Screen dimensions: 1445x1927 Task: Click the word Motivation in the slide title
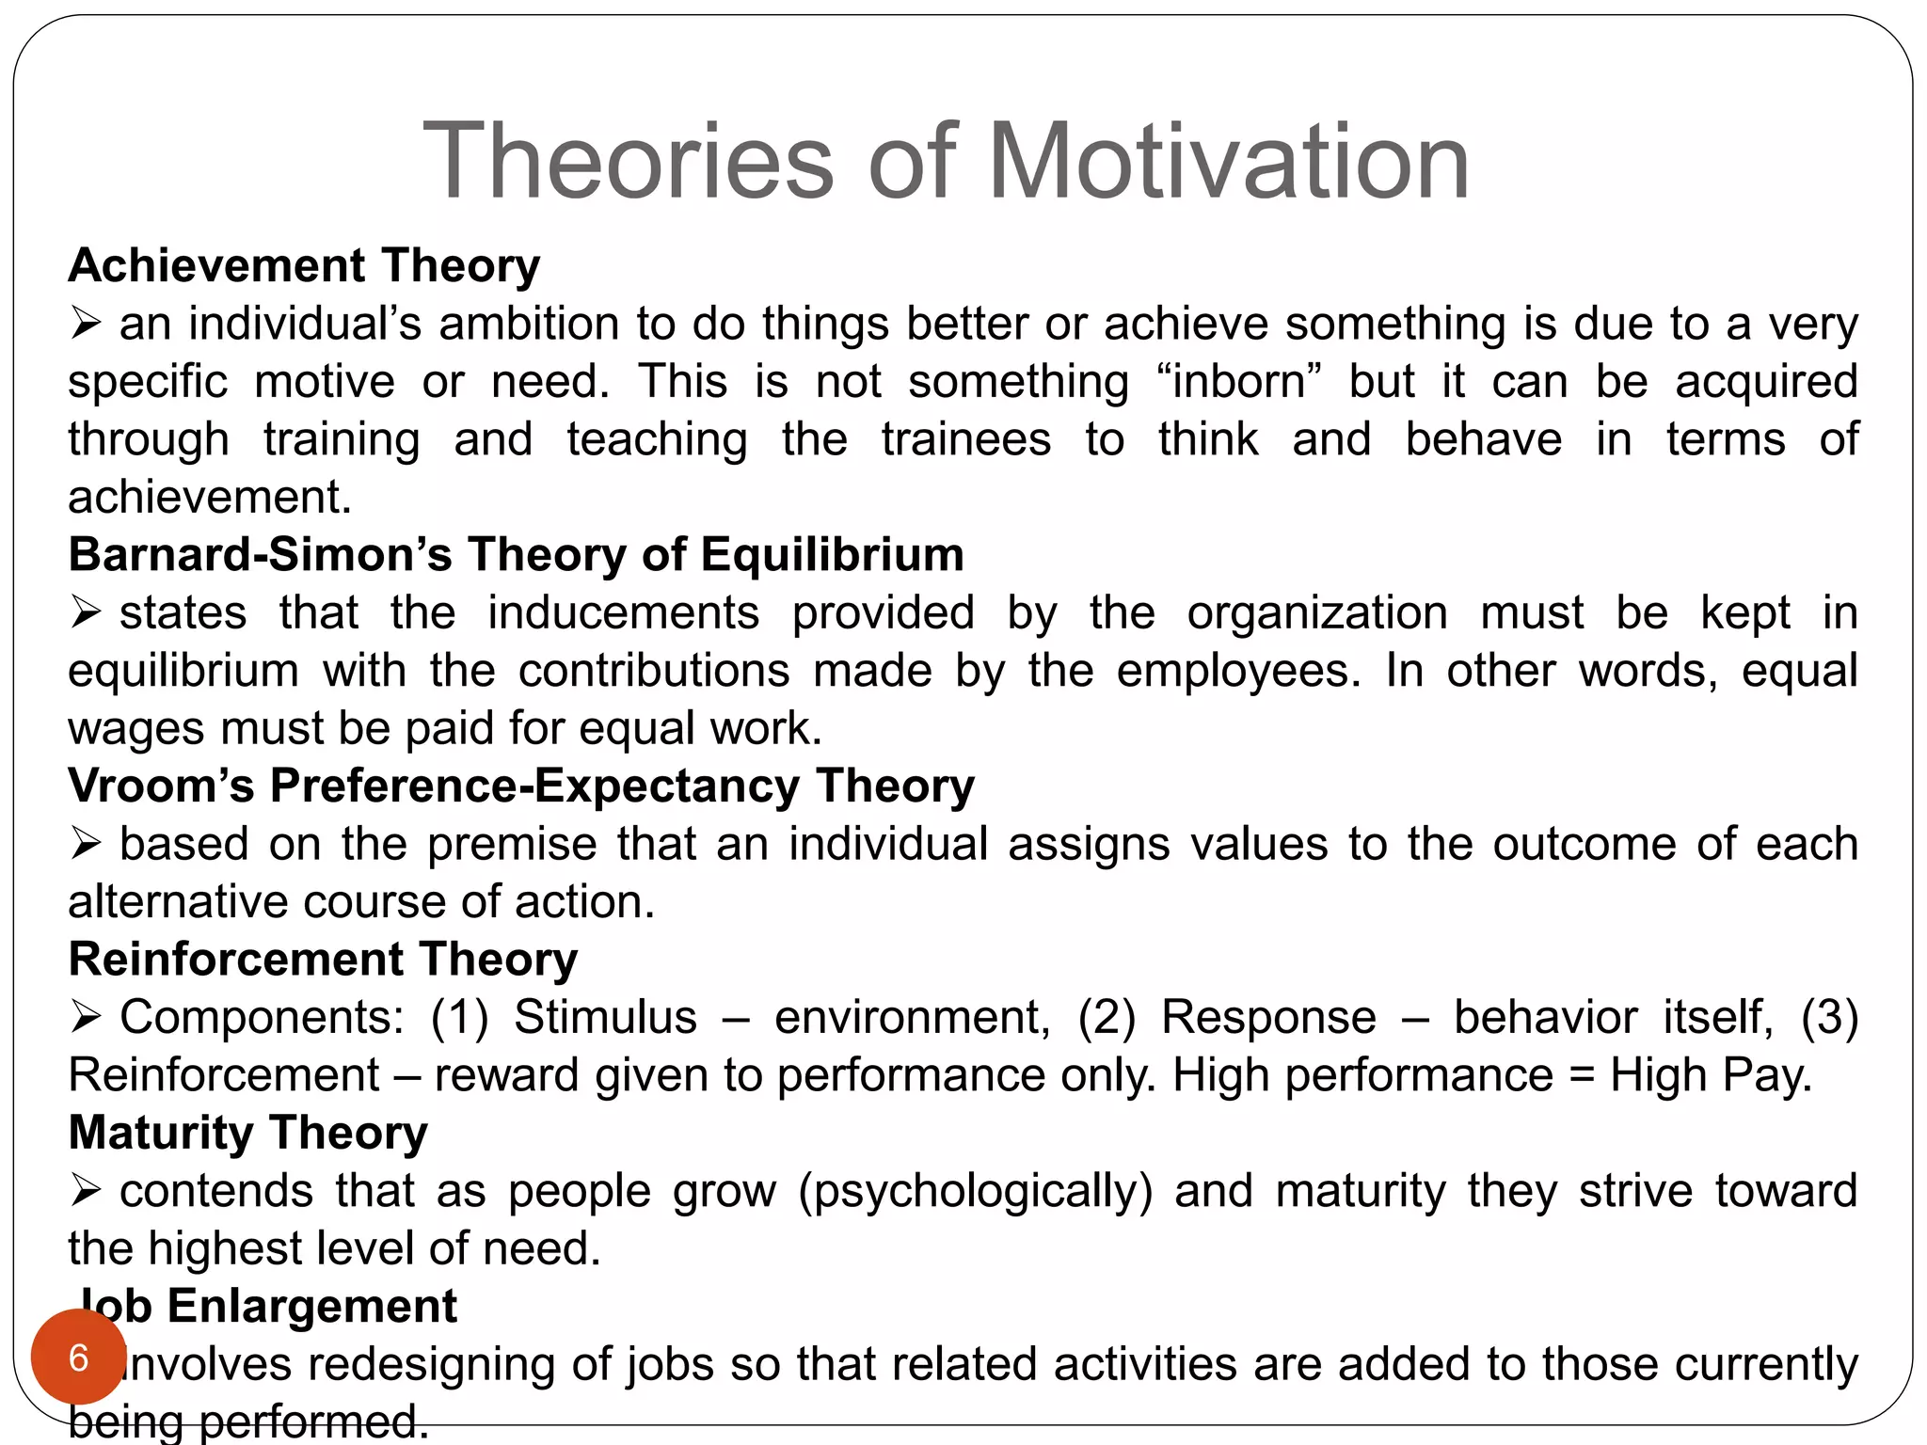click(x=1228, y=162)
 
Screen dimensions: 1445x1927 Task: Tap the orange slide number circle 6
click(x=78, y=1358)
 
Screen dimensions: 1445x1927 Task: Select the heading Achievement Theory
click(x=304, y=265)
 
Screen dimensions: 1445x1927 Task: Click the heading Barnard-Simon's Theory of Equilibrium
click(x=516, y=554)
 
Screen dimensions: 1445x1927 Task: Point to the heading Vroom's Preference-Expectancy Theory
click(x=520, y=786)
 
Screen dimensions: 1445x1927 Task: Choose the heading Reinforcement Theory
click(x=323, y=960)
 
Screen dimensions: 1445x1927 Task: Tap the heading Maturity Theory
click(x=247, y=1133)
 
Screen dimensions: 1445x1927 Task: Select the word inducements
click(x=623, y=612)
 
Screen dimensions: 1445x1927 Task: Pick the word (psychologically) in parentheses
click(x=975, y=1191)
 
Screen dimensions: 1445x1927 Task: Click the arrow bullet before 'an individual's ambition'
click(x=86, y=325)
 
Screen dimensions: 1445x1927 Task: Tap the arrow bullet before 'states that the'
click(x=86, y=613)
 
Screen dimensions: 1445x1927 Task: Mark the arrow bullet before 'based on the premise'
click(x=86, y=844)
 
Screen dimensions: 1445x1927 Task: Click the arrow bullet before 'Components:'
click(x=86, y=1017)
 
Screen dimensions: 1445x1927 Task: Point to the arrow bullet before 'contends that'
click(x=86, y=1191)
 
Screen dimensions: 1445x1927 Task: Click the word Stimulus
click(x=605, y=1017)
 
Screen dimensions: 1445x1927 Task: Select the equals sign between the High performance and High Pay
click(x=1582, y=1075)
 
